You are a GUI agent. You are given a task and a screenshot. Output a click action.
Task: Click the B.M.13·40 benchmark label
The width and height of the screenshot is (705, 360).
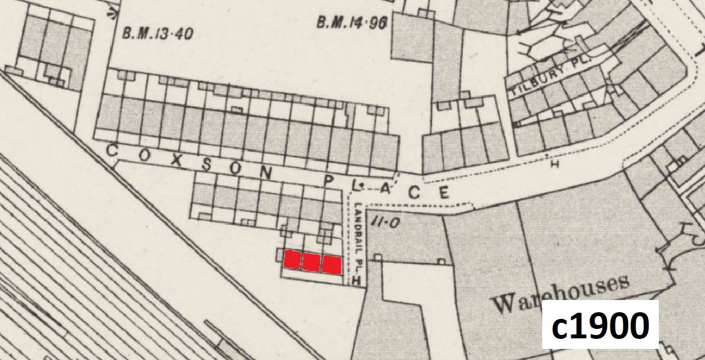[x=157, y=34]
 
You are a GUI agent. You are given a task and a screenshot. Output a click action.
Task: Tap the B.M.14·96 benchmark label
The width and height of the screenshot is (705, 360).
[x=351, y=23]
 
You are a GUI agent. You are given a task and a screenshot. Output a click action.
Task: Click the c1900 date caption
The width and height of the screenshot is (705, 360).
[x=600, y=325]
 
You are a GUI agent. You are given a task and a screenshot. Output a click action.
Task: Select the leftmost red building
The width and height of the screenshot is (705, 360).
[x=292, y=259]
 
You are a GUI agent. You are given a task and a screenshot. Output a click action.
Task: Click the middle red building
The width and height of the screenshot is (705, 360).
[x=311, y=262]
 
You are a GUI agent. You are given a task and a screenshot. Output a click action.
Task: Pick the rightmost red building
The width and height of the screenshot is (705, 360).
[x=331, y=264]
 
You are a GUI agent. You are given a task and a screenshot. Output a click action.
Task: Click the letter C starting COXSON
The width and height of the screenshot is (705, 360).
[x=111, y=150]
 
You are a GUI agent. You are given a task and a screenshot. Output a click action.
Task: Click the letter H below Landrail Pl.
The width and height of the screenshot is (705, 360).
[x=357, y=281]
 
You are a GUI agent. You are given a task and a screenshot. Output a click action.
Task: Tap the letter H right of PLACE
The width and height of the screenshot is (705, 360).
[x=553, y=164]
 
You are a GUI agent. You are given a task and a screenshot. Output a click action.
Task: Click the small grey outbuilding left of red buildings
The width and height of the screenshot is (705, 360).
[x=279, y=255]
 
